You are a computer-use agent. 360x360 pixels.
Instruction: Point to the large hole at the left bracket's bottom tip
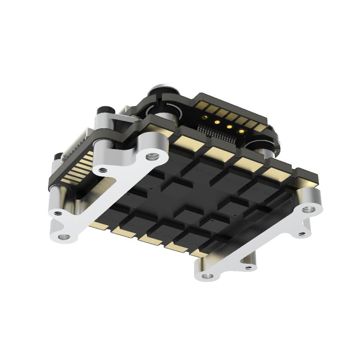(x=64, y=237)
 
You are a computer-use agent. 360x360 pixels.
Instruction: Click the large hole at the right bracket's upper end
(x=309, y=209)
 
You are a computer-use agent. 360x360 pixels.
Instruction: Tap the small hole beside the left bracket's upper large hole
(x=104, y=169)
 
